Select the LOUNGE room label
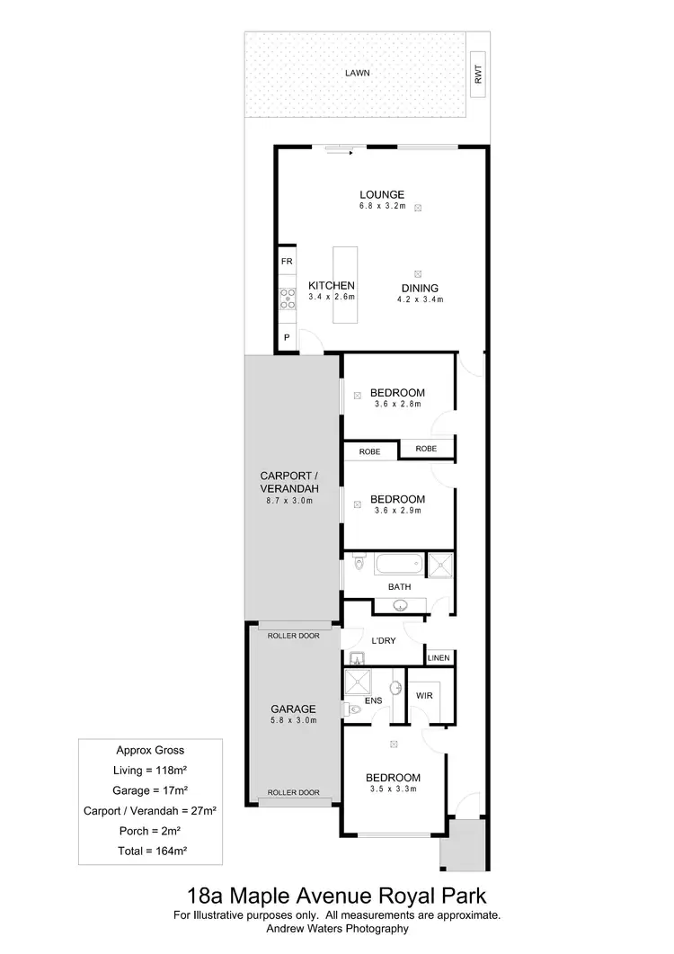click(382, 194)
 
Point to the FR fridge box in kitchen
click(287, 261)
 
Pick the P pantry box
click(287, 338)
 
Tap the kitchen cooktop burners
click(288, 299)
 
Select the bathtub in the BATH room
click(396, 565)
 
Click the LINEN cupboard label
click(439, 659)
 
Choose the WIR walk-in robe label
click(425, 695)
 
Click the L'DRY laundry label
click(385, 641)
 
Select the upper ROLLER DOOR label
click(294, 636)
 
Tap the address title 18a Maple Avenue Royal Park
click(336, 896)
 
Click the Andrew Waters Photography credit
click(336, 929)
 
